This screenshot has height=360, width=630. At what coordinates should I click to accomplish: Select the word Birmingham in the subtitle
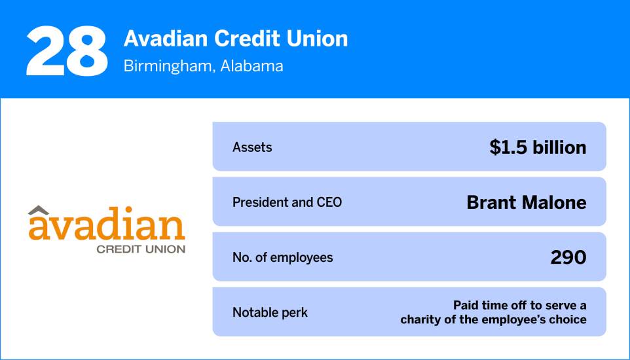(x=163, y=66)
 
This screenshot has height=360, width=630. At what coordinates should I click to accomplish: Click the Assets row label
(x=252, y=147)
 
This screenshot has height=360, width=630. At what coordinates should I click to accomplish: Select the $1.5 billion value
(x=538, y=147)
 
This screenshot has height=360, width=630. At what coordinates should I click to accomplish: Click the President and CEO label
(x=287, y=202)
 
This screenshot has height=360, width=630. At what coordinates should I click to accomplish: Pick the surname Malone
(x=553, y=202)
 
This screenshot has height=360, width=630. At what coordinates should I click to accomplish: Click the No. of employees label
(x=282, y=257)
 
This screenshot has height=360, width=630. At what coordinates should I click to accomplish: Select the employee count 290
(x=568, y=257)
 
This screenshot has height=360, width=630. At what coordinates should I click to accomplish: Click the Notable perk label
(x=270, y=312)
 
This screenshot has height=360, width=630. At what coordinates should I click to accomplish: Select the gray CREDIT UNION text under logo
(x=141, y=249)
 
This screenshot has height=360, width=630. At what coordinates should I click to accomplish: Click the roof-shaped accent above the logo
(x=41, y=211)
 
